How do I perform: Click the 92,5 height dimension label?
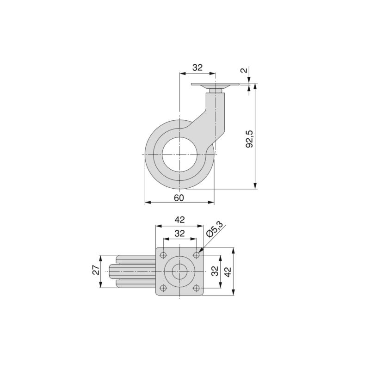250,138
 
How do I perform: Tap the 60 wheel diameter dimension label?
179,197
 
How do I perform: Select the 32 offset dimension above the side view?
197,68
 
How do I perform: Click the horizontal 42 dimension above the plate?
179,220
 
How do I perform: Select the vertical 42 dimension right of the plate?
228,271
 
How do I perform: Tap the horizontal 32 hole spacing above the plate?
180,234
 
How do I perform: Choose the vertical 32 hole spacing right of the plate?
215,271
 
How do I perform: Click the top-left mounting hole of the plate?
163,255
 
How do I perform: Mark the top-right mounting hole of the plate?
197,255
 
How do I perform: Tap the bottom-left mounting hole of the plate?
163,288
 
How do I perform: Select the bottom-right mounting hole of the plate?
197,288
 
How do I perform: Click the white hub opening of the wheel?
179,154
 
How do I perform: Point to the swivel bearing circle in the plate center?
180,271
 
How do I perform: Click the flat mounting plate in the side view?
215,85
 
